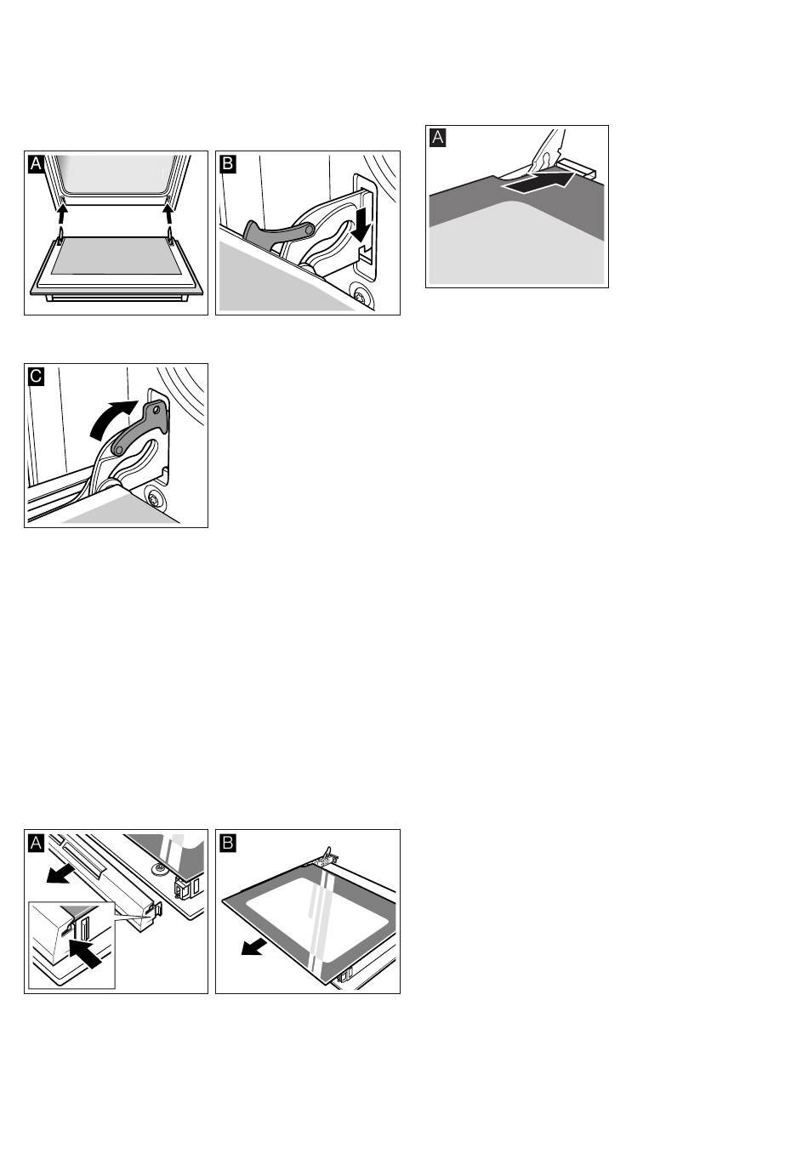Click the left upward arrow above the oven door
pyautogui.click(x=62, y=213)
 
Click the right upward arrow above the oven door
pyautogui.click(x=168, y=213)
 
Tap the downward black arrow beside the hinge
pyautogui.click(x=361, y=224)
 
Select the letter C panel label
pyautogui.click(x=36, y=376)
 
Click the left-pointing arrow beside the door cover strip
pyautogui.click(x=60, y=875)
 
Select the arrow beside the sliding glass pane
pyautogui.click(x=254, y=947)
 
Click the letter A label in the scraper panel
pyautogui.click(x=437, y=138)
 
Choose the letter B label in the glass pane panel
pyautogui.click(x=228, y=843)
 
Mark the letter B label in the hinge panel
pyautogui.click(x=228, y=164)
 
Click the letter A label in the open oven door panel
pyautogui.click(x=36, y=164)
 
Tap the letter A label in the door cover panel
pyautogui.click(x=36, y=843)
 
